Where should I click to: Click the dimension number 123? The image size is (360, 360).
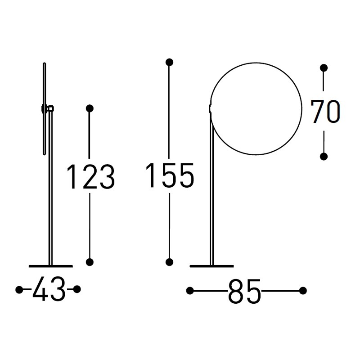tap(91, 176)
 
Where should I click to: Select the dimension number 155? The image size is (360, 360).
tap(170, 175)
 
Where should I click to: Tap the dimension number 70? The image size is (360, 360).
tap(325, 112)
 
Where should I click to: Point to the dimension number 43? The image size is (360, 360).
tap(49, 288)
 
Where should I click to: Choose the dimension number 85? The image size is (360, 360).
tap(245, 291)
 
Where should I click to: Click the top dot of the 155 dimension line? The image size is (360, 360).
tap(170, 62)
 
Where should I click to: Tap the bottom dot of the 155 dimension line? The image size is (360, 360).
tap(170, 262)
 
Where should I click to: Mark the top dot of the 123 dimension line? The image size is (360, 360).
tap(90, 108)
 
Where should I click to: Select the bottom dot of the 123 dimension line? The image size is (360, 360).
tap(90, 262)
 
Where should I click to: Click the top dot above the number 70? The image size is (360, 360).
tap(324, 68)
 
